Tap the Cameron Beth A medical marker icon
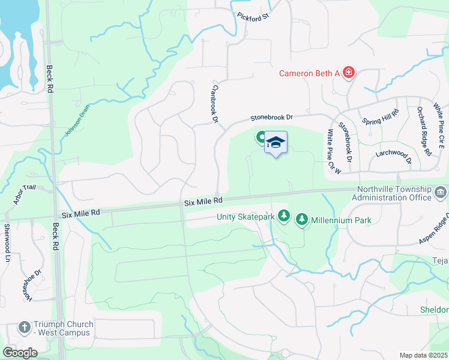pos(348,73)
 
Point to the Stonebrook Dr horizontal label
pos(271,118)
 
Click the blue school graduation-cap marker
pos(276,143)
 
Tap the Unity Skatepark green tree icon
pos(284,216)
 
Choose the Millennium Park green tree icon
pos(303,220)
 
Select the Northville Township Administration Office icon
pos(441,193)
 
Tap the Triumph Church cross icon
pos(24,328)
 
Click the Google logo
pos(20,352)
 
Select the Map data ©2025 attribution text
pos(423,355)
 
